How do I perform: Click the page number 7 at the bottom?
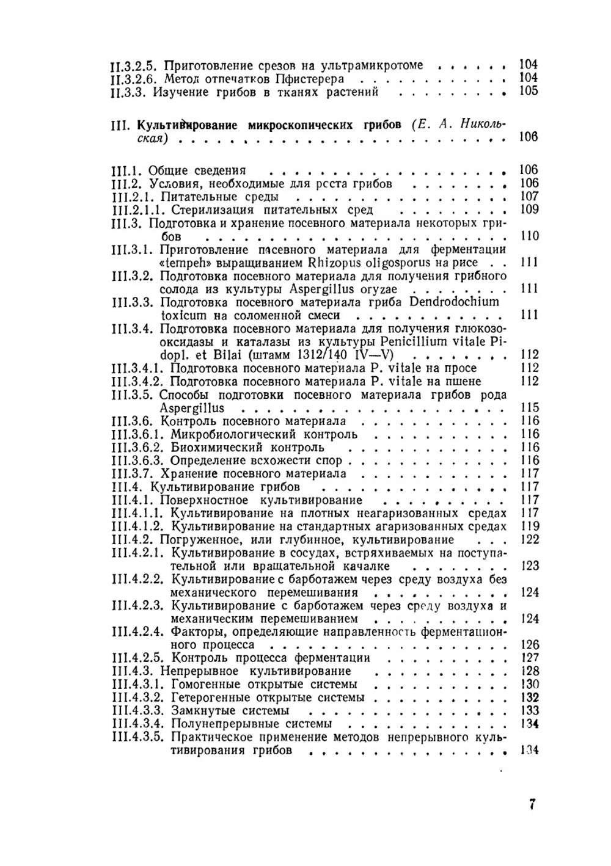click(x=532, y=804)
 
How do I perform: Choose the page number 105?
click(x=529, y=92)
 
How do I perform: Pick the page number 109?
click(x=529, y=210)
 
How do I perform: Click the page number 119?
click(x=530, y=526)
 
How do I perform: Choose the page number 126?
click(x=530, y=645)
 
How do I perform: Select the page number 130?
click(x=530, y=684)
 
